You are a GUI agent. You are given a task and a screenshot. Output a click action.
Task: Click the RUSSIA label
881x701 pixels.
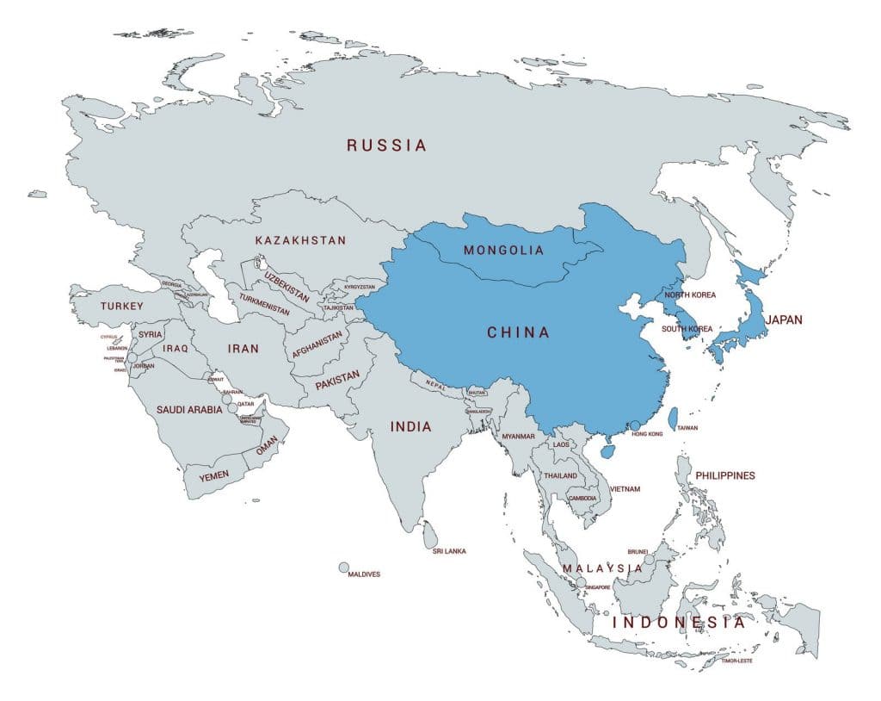coord(386,146)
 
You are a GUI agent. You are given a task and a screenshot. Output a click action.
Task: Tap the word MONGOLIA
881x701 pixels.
coord(503,251)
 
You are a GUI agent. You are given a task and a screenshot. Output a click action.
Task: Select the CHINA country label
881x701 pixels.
coord(518,332)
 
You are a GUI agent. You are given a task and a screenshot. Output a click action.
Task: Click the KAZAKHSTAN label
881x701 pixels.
coord(300,240)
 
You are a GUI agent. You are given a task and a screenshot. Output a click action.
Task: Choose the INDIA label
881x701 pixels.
coord(410,426)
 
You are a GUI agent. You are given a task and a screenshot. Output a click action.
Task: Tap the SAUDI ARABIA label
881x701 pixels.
coord(189,410)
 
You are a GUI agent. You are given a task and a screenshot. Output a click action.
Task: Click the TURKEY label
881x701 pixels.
coord(122,306)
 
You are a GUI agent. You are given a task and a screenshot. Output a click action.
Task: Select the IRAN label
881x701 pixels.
coord(243,349)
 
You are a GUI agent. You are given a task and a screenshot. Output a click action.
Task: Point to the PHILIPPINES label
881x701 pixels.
coord(725,475)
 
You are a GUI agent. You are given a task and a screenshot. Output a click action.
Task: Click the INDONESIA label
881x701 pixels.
coord(679,622)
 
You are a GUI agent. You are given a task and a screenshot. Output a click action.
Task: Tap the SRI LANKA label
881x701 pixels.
coord(449,551)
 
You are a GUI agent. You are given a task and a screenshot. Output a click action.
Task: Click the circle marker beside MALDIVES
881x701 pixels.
coord(344,568)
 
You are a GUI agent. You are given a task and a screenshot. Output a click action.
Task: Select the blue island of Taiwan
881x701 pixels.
coord(673,418)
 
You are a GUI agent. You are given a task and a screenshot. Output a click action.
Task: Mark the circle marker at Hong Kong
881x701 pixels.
coord(635,425)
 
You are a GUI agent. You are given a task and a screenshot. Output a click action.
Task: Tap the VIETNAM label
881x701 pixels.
coord(625,489)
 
